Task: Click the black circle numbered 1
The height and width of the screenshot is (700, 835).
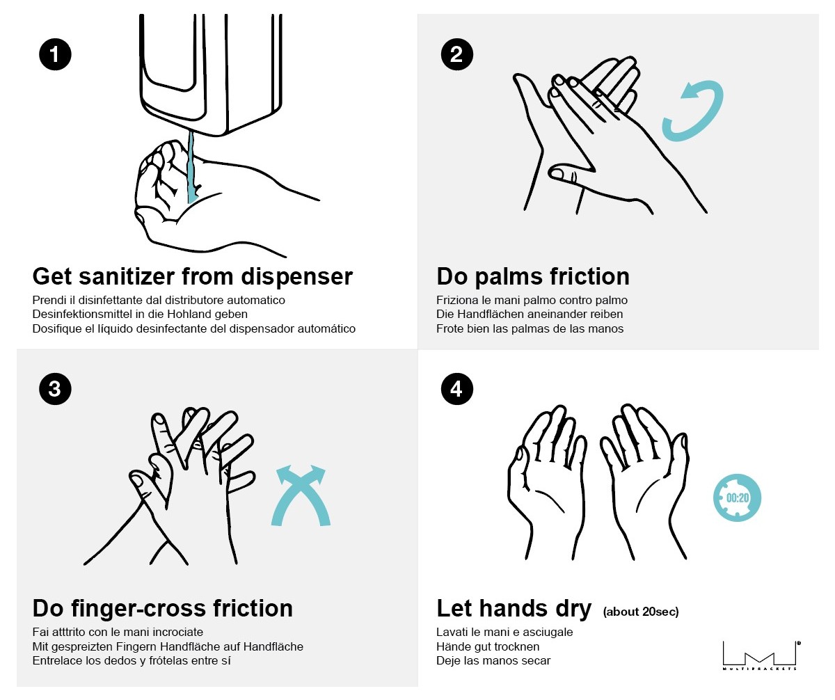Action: coord(55,54)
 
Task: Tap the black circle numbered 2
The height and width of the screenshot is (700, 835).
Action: coord(456,54)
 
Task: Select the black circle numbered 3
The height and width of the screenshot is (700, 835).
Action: coord(55,389)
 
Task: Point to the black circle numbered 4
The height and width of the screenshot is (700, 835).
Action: coord(456,389)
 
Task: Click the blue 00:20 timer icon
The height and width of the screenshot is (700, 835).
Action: coord(737,498)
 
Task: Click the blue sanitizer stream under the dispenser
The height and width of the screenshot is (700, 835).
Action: coord(192,167)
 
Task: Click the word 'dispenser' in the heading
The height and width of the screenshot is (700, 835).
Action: coord(296,277)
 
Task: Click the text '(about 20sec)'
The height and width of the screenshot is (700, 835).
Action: coord(641,612)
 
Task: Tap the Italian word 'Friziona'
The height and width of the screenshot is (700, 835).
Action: coord(456,300)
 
